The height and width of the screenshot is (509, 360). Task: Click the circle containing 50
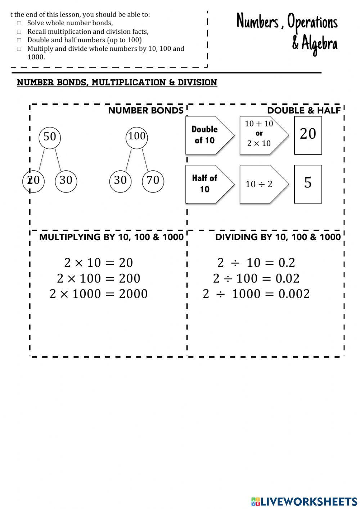[50, 137]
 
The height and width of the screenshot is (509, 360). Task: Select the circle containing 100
[137, 137]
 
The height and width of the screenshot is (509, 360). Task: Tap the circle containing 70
[153, 180]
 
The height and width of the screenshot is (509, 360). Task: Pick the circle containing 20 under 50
[33, 180]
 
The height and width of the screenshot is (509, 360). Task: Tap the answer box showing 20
[308, 135]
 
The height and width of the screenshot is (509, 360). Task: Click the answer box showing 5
[308, 184]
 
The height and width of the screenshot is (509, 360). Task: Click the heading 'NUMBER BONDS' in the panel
[145, 111]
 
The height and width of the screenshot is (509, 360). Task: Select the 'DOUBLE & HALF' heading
[304, 111]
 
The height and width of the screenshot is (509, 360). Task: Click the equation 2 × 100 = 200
[99, 278]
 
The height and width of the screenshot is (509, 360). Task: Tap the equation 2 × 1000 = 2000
[99, 294]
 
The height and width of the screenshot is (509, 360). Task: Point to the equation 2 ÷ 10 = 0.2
[256, 263]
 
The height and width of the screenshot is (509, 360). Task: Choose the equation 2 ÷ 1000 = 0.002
[256, 294]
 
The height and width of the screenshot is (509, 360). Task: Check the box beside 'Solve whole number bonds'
[19, 23]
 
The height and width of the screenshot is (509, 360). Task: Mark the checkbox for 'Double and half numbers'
[19, 40]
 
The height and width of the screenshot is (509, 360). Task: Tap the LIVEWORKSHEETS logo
[304, 501]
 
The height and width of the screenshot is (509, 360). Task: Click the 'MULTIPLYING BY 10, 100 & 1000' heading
[111, 237]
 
